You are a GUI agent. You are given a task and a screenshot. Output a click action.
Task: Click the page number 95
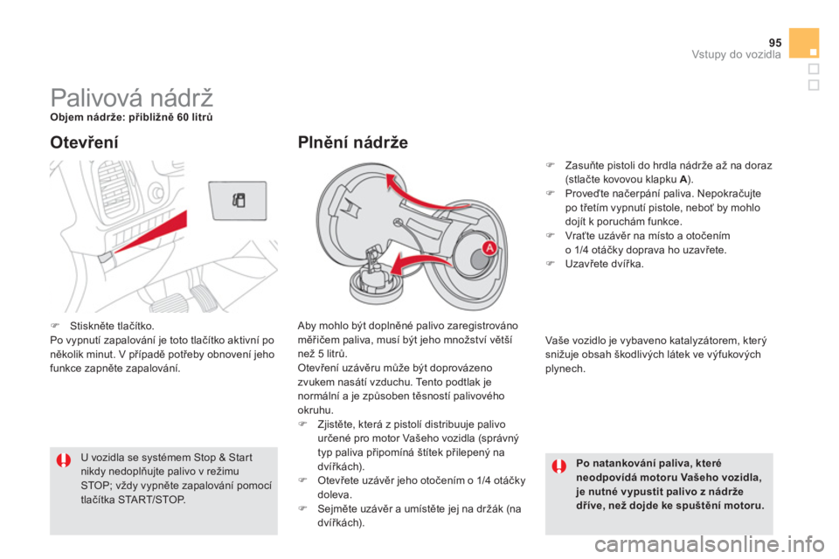point(775,43)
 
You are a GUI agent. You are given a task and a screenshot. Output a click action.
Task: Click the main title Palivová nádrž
point(132,97)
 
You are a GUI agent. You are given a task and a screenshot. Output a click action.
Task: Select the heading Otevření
point(84,142)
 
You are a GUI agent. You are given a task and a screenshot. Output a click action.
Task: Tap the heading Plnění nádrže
point(352,142)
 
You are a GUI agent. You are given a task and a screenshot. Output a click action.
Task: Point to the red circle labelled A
point(489,248)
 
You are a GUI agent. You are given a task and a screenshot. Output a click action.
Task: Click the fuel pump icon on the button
point(239,201)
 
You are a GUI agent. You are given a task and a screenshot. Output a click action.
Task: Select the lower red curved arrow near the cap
point(423,264)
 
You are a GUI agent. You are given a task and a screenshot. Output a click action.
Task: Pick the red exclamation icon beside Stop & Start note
point(64,460)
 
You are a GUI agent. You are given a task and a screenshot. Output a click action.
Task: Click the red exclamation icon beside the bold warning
point(559,466)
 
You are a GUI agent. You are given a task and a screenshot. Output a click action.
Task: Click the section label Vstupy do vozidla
point(736,54)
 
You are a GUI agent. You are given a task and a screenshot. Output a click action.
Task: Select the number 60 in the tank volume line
point(183,117)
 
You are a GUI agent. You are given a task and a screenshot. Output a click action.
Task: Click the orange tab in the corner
point(804,43)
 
